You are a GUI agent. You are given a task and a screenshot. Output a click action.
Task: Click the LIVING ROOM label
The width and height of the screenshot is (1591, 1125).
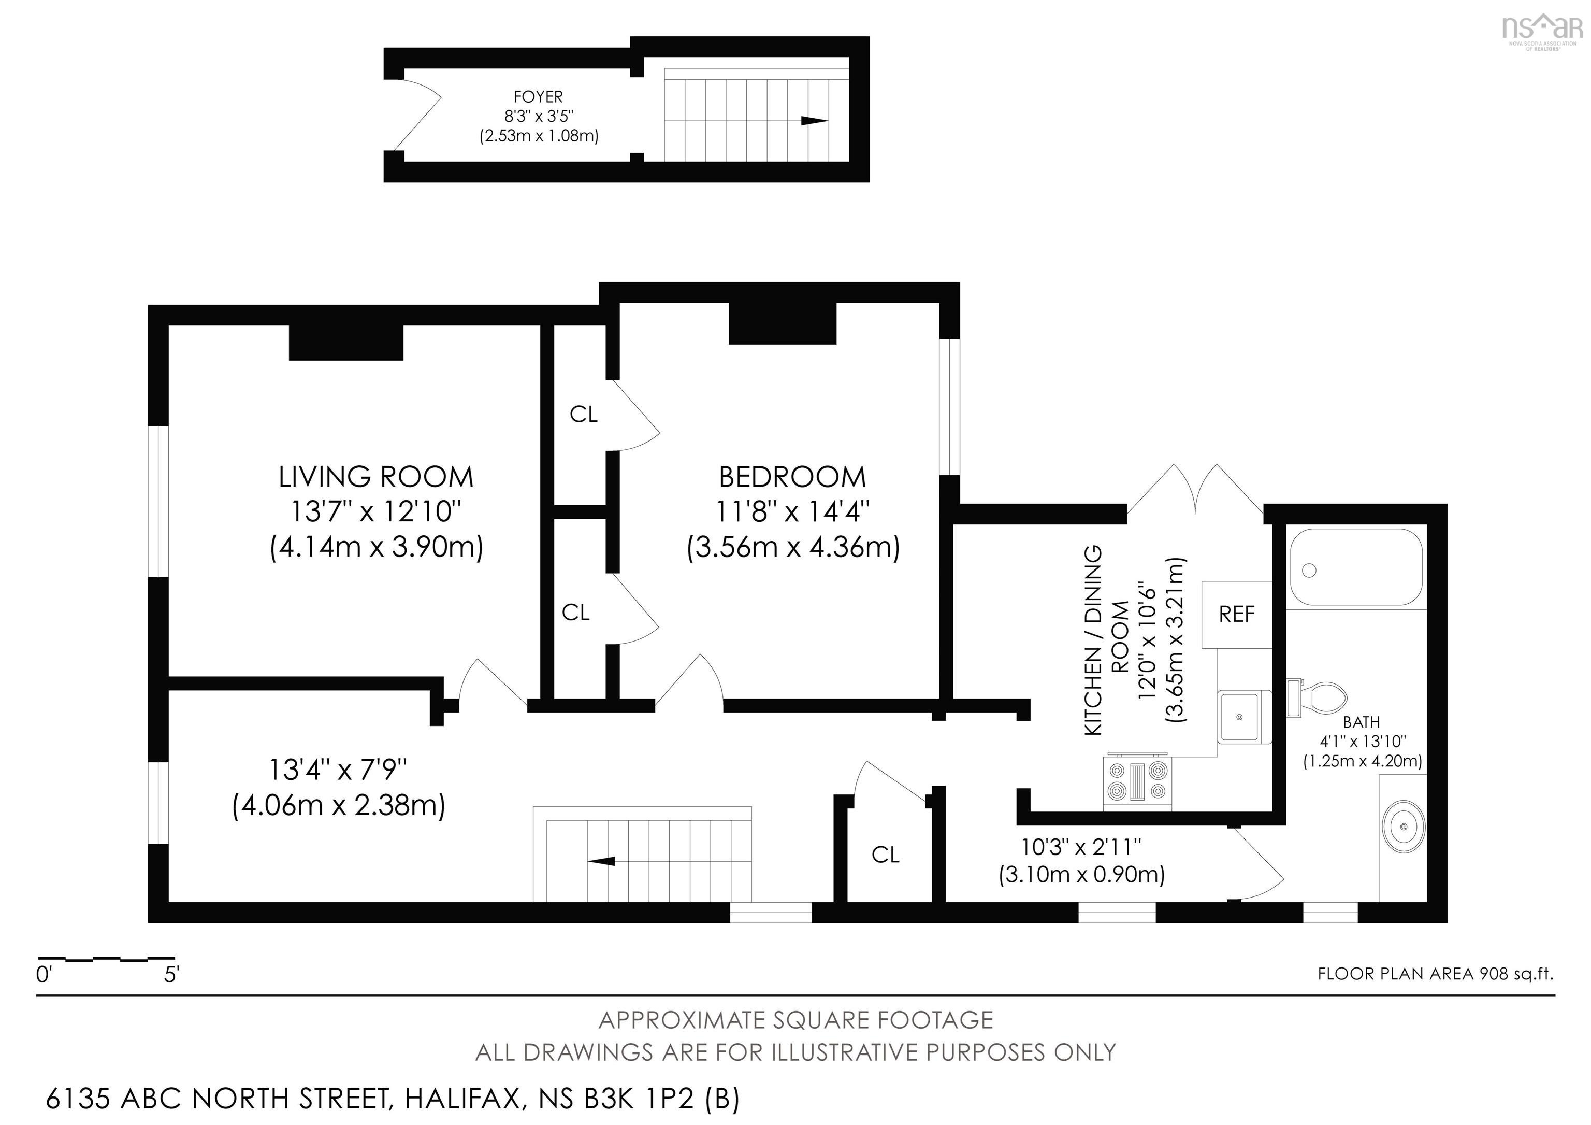click(375, 477)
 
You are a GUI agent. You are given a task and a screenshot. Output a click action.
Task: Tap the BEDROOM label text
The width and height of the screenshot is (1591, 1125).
click(792, 477)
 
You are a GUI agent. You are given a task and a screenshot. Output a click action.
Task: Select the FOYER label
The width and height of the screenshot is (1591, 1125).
click(538, 97)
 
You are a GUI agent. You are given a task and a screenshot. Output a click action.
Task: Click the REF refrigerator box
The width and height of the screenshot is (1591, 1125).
click(1236, 614)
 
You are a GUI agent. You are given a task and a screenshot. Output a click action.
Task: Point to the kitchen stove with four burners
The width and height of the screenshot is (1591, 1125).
click(1137, 782)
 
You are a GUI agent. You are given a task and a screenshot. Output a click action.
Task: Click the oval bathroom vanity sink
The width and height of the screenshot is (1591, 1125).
click(1403, 827)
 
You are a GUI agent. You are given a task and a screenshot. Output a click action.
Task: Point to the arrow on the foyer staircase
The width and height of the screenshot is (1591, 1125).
click(814, 121)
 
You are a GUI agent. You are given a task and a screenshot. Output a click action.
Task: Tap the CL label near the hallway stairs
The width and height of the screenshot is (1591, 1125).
click(885, 856)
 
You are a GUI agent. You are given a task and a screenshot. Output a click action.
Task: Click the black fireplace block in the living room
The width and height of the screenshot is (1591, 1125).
click(346, 343)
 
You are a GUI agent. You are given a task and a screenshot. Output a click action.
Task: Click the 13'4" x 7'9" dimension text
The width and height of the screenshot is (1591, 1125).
click(338, 770)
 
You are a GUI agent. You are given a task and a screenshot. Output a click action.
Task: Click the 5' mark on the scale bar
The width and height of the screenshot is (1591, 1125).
click(171, 975)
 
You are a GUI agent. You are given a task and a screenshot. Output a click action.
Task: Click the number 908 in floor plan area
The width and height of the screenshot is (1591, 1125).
click(1494, 974)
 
